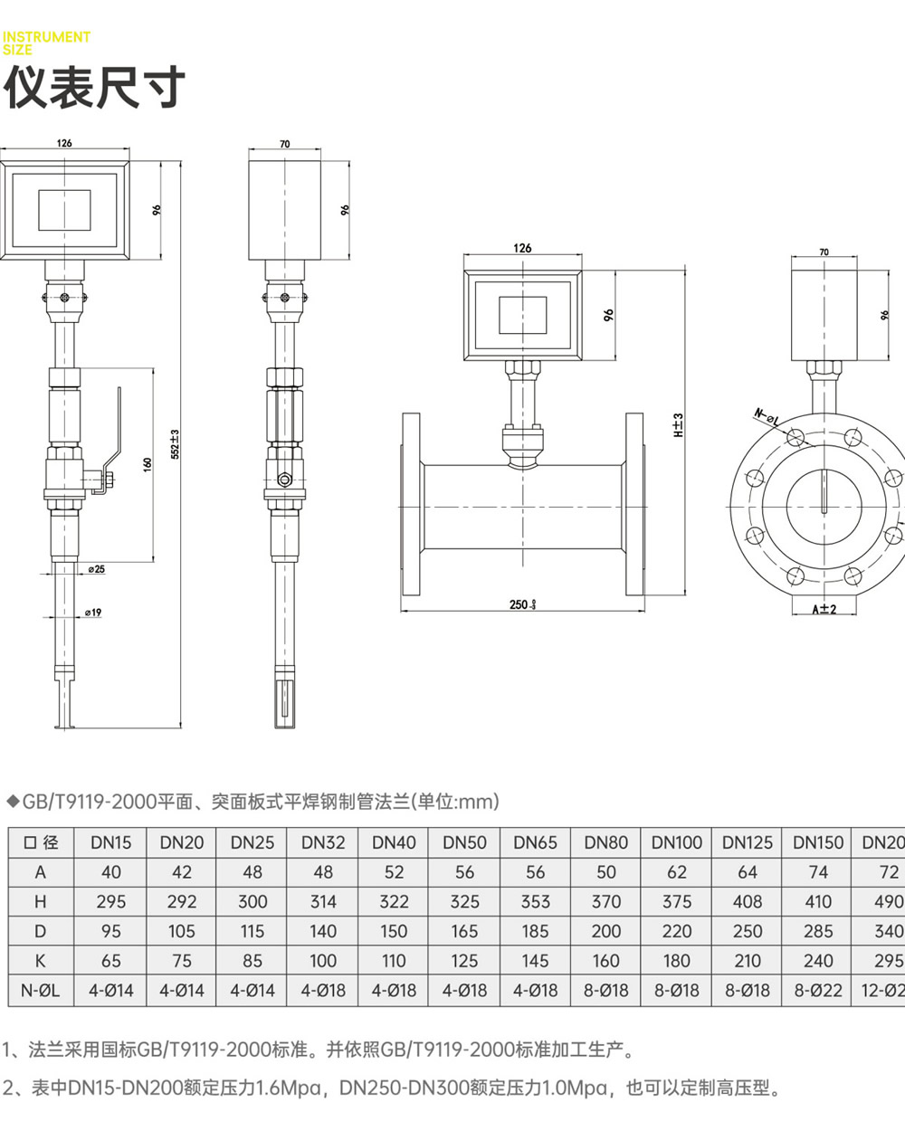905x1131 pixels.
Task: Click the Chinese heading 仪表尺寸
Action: click(x=95, y=88)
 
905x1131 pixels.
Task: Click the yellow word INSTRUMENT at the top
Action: click(x=46, y=37)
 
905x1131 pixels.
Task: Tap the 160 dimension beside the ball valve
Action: click(x=148, y=464)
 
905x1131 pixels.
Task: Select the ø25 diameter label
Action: click(x=96, y=569)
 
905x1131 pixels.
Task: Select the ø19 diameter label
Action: click(x=93, y=613)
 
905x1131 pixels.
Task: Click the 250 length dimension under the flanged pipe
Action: click(x=521, y=604)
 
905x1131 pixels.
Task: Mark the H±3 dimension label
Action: click(x=678, y=425)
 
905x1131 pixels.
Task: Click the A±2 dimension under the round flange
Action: click(x=824, y=609)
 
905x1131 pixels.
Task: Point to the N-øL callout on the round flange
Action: click(x=766, y=417)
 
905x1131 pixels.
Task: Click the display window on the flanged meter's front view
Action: click(x=522, y=314)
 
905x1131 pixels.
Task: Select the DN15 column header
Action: click(x=110, y=842)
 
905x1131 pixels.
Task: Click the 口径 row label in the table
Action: click(x=41, y=842)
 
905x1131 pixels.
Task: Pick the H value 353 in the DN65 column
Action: click(x=535, y=902)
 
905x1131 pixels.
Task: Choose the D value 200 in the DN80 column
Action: click(x=605, y=931)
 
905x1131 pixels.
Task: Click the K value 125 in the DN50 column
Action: click(x=464, y=961)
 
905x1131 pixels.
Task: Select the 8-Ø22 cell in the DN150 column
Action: click(x=818, y=991)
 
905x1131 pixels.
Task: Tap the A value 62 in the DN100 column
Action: click(x=676, y=872)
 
